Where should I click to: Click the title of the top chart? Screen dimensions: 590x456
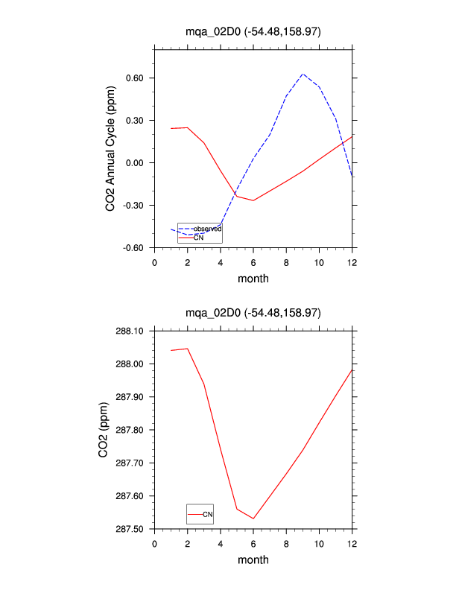click(253, 31)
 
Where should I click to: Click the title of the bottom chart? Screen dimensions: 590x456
click(253, 312)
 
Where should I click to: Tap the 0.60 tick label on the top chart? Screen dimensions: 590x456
click(135, 78)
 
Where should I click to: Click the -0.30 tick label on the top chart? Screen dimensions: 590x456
click(133, 205)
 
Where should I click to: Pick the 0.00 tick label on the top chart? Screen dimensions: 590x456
click(135, 163)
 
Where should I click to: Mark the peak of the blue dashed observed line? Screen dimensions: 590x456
click(303, 74)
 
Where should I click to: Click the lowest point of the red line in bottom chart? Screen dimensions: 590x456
click(253, 518)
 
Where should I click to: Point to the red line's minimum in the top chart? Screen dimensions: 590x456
click(253, 200)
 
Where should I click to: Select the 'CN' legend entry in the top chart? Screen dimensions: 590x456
click(199, 237)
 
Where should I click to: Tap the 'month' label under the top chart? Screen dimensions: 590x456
click(253, 279)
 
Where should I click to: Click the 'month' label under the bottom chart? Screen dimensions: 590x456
click(253, 559)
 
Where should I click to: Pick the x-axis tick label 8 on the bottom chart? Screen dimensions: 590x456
click(286, 543)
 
